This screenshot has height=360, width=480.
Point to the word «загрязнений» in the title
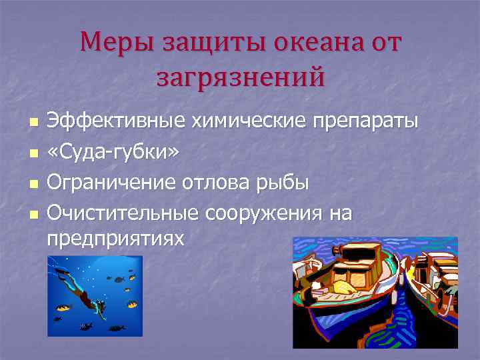(241, 76)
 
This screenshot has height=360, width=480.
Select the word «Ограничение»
(112, 182)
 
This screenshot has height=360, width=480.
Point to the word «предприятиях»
(115, 238)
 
